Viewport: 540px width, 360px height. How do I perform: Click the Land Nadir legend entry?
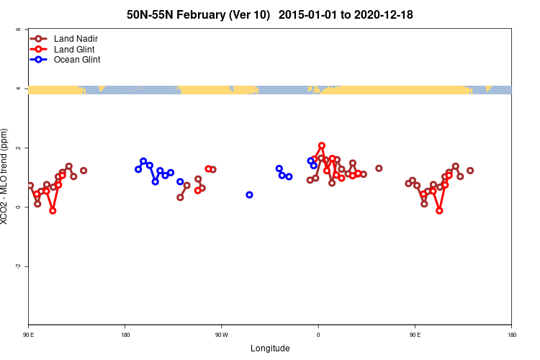(76, 38)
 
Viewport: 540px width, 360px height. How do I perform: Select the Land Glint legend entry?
(75, 49)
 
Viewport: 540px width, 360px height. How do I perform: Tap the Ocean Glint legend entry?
(76, 60)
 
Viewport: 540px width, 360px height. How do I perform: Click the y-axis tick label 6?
(17, 30)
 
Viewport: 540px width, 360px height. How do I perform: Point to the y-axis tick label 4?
(17, 89)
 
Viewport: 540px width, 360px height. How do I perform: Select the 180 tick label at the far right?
(511, 335)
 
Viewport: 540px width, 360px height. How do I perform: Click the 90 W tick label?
(221, 335)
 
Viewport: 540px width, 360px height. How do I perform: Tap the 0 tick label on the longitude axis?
(318, 335)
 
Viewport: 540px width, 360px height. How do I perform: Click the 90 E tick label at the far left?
(29, 335)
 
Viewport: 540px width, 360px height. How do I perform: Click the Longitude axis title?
(270, 348)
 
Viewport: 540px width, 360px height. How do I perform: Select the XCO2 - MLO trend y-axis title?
(6, 177)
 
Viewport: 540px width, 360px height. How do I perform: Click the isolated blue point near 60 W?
(249, 194)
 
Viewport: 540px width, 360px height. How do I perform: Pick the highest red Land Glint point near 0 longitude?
(322, 145)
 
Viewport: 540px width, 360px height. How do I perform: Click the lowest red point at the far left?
(53, 210)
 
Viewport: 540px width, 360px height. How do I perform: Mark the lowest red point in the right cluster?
(439, 210)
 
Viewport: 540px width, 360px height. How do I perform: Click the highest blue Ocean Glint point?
(143, 161)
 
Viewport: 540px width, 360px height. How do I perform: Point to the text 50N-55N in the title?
(150, 14)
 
